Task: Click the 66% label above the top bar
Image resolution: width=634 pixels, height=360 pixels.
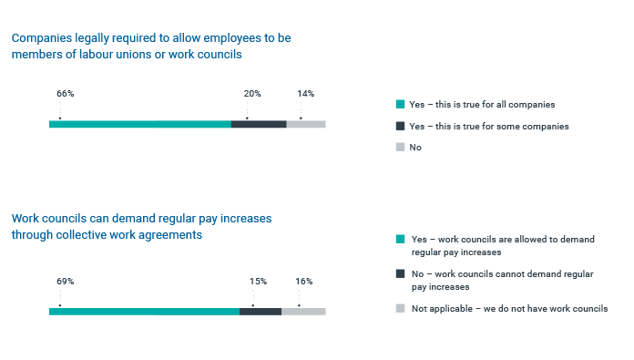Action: (x=65, y=94)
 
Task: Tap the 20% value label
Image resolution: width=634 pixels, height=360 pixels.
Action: (x=252, y=94)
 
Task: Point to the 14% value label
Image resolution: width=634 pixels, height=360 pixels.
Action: (x=306, y=94)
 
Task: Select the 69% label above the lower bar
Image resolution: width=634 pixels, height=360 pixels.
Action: (x=65, y=282)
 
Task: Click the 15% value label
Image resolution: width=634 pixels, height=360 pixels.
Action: (x=258, y=282)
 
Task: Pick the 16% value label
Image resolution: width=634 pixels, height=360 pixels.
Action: (x=304, y=282)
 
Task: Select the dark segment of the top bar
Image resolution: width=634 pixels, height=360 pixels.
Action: (x=259, y=124)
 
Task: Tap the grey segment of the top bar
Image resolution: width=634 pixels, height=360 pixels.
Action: (x=306, y=124)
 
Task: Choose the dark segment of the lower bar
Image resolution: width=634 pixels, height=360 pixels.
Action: (x=261, y=312)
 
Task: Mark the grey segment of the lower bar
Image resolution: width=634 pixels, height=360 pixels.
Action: (x=303, y=312)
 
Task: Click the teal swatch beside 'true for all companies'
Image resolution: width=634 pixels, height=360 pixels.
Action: (x=400, y=105)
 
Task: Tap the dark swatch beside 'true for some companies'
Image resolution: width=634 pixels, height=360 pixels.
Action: (x=400, y=126)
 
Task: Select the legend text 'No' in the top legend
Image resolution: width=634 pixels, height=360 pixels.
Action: (x=416, y=147)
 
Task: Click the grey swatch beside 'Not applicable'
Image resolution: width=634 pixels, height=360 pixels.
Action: (x=400, y=309)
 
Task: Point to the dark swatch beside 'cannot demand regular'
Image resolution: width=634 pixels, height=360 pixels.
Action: (x=400, y=273)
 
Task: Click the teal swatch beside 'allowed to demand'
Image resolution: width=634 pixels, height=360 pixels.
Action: (x=400, y=239)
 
